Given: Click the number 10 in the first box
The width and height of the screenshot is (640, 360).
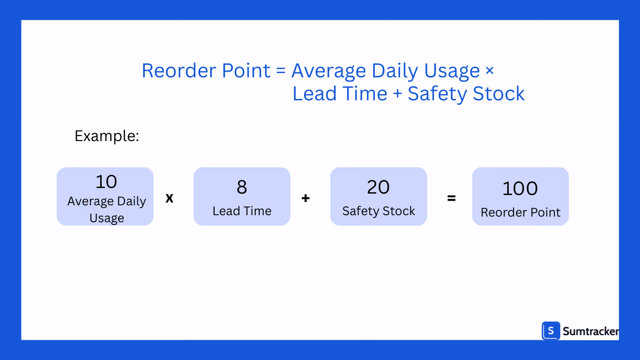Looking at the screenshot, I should tap(106, 182).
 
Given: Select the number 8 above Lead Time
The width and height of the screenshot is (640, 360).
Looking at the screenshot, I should tap(242, 187).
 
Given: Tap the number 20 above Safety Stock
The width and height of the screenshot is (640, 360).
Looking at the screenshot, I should tap(378, 187).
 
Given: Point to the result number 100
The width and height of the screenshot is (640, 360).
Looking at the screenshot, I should tap(520, 188).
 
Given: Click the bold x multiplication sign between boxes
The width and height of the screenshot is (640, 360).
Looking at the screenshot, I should tap(170, 198).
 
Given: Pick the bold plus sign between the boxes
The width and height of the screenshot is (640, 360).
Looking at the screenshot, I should tap(305, 198).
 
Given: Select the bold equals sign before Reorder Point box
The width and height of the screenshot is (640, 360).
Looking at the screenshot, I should tap(451, 198).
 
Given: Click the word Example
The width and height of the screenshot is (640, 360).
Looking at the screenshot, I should tap(107, 136).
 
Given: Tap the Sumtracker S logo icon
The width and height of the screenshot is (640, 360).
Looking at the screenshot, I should tap(551, 331).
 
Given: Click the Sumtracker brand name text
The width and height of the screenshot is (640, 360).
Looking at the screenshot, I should tap(590, 331).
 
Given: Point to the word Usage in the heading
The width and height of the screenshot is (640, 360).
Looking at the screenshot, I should tap(452, 71).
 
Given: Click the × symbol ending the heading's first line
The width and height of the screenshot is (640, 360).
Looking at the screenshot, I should tap(489, 71).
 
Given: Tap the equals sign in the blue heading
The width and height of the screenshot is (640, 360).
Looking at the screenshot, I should tap(281, 71).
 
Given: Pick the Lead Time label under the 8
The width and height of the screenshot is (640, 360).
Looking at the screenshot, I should tap(242, 211).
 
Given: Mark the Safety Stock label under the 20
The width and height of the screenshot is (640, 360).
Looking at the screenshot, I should tap(379, 211).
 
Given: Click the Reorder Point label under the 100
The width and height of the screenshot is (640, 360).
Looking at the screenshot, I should tap(520, 212).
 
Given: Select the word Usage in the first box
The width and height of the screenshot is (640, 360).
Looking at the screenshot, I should tap(107, 218).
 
